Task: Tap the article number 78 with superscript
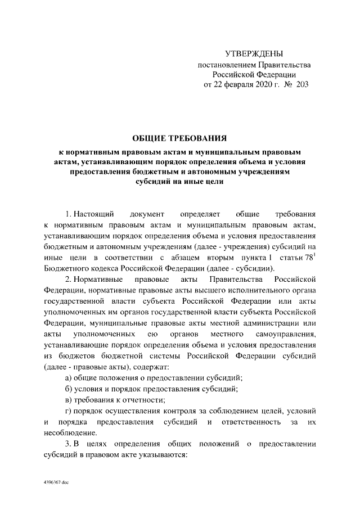pos(308,258)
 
